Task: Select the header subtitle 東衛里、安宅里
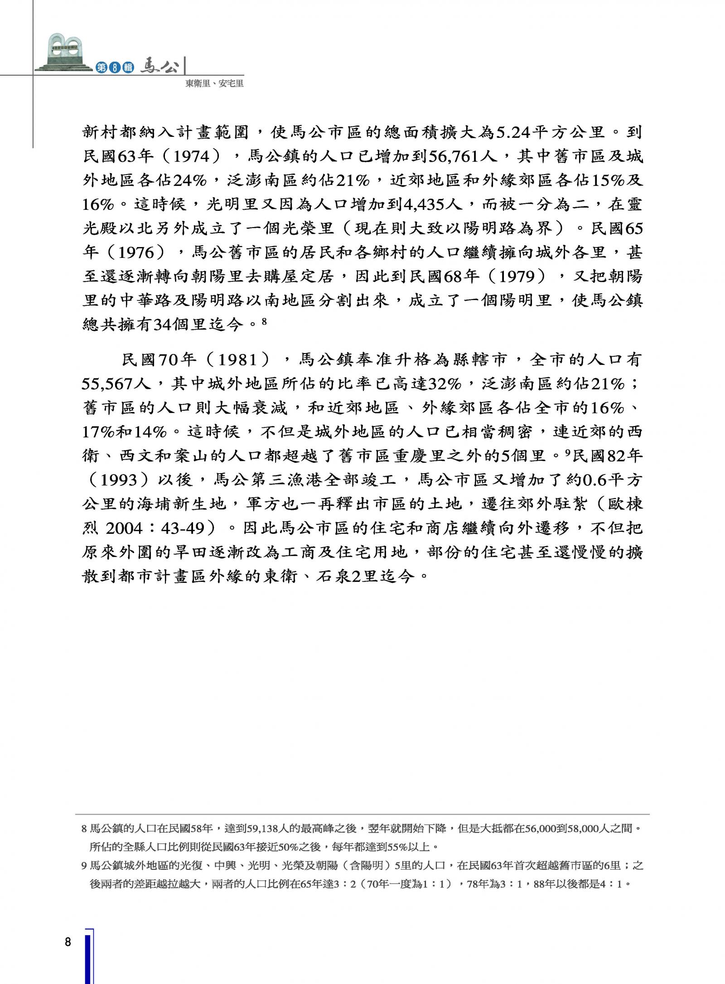[x=214, y=84]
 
